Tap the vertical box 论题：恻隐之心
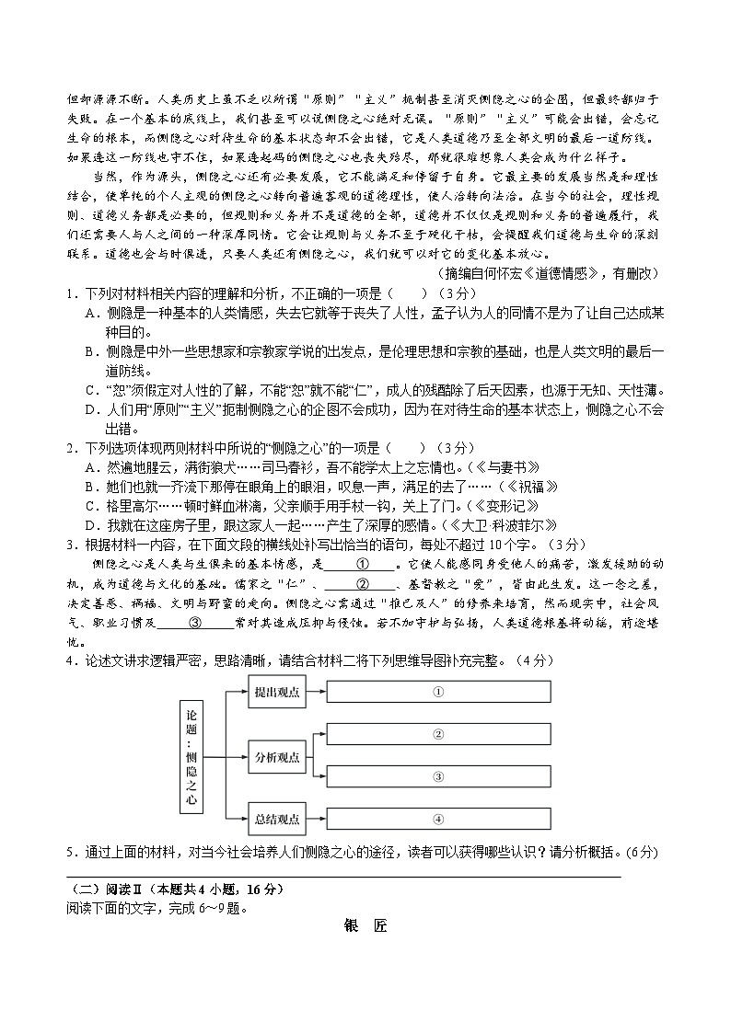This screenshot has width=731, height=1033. coord(191,755)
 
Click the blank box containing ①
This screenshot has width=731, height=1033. coord(439,692)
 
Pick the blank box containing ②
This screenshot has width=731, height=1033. coord(439,734)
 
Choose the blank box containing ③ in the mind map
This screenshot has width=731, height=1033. coord(439,776)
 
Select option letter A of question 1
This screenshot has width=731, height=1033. coord(91,313)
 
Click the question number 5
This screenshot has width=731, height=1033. coord(70,852)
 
